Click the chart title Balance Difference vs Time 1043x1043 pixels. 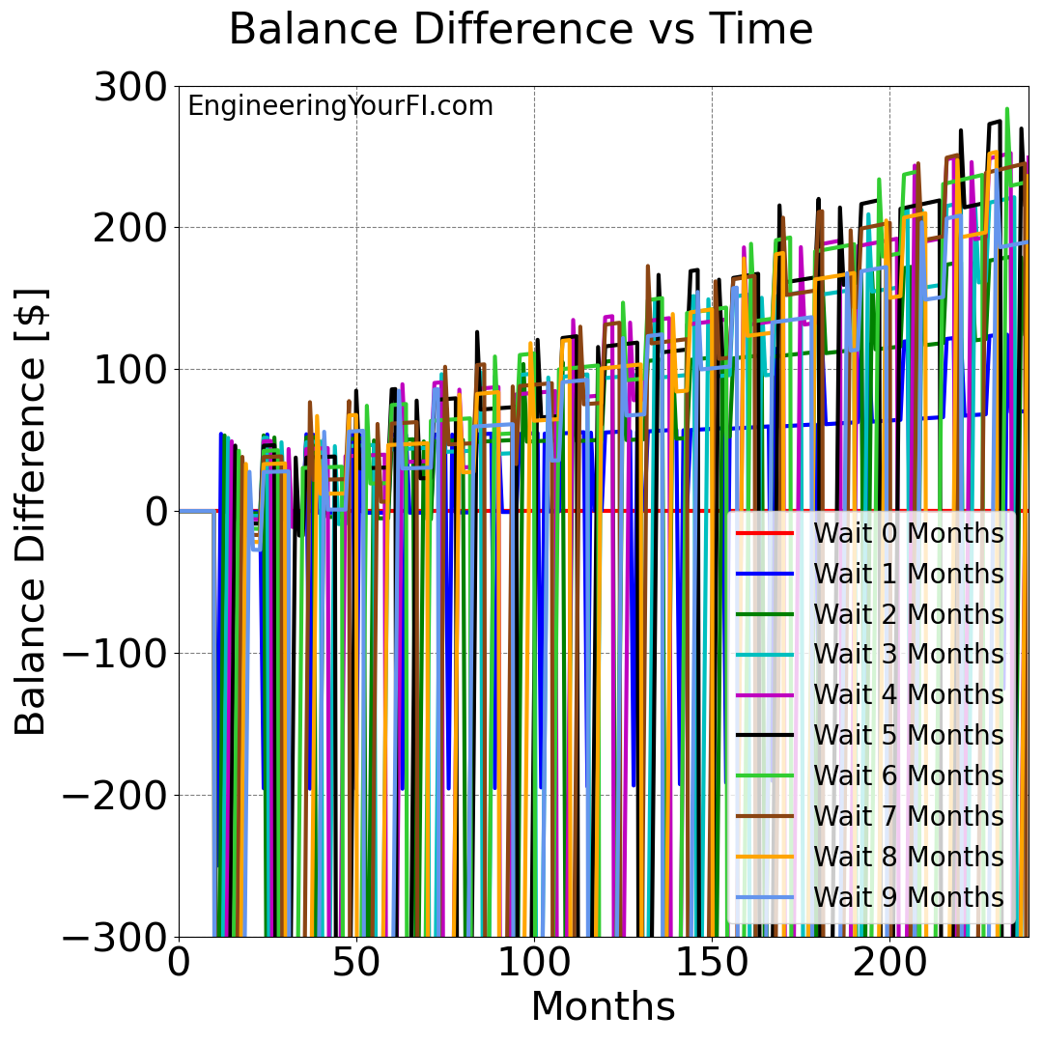pos(521,30)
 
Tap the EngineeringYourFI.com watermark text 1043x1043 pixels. pos(340,106)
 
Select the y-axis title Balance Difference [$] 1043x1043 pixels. pos(31,511)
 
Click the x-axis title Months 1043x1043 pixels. pos(603,1006)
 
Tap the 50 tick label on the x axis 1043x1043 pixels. pos(356,963)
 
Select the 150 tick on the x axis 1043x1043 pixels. pos(712,963)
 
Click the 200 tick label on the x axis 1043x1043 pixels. pos(889,963)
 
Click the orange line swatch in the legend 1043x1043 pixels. pos(765,857)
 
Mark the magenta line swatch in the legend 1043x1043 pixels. pos(765,694)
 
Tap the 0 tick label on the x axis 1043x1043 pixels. pos(179,963)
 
